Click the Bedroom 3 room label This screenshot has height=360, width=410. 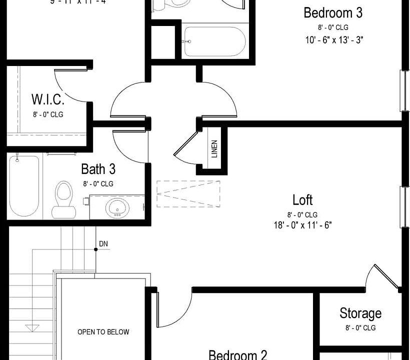[333, 12]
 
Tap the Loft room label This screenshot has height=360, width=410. [302, 200]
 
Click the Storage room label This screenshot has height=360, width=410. [360, 313]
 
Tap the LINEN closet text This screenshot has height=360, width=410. [214, 148]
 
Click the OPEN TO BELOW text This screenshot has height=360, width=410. [103, 331]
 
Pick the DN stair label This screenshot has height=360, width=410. [103, 244]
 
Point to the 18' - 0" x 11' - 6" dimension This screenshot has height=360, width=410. [303, 225]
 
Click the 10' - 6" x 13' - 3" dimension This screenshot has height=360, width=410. [333, 40]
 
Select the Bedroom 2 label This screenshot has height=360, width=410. [237, 354]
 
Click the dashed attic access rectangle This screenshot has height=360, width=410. [188, 193]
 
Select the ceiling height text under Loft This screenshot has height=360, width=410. [302, 214]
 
